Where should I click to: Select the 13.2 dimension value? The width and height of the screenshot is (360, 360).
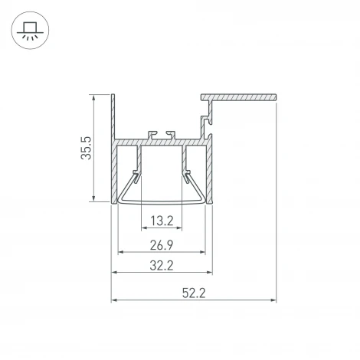tap(162, 222)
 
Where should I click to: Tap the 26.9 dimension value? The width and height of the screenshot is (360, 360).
tap(162, 246)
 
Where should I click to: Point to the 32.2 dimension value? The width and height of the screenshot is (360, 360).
tap(162, 268)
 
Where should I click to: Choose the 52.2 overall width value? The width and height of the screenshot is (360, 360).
tap(195, 292)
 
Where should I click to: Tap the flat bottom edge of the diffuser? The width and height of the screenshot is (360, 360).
tap(162, 204)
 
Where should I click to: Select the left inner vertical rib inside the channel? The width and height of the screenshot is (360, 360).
tap(139, 161)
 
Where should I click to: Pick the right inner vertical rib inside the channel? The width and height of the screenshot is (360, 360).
tap(185, 161)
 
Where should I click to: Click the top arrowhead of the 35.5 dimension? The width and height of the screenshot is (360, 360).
tap(94, 98)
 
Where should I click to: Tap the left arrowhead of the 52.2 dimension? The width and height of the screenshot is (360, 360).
tap(115, 298)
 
